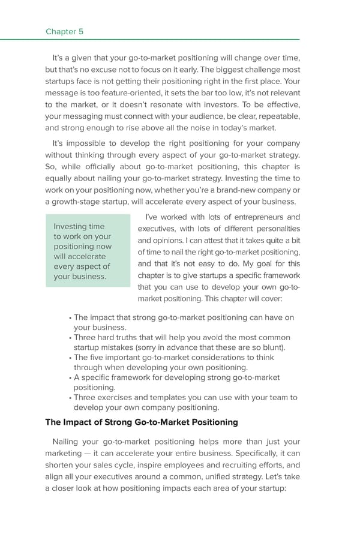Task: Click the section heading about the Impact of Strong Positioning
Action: click(x=142, y=422)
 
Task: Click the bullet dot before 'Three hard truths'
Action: click(x=70, y=338)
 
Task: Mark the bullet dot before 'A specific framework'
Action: click(x=70, y=378)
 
